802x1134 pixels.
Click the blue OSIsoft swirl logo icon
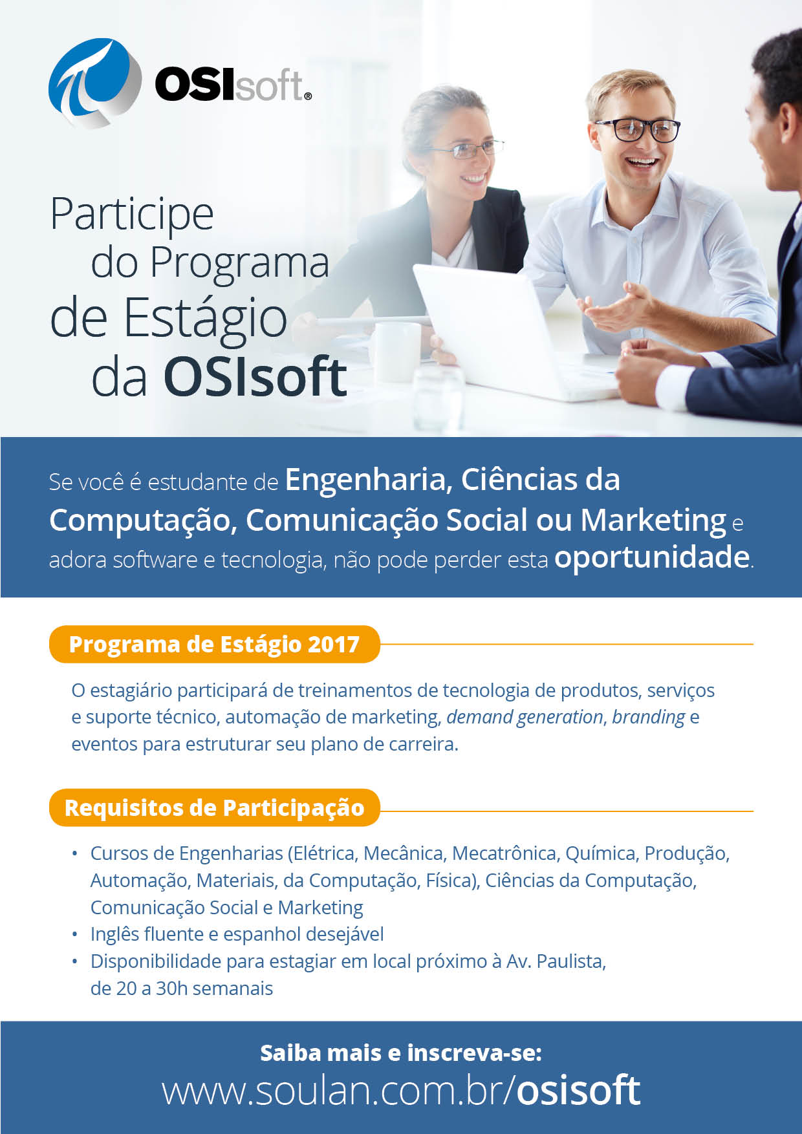[x=94, y=83]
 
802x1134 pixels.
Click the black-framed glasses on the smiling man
[x=637, y=130]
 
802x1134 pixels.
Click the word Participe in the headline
[x=132, y=215]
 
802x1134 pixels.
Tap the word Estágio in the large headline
[x=205, y=320]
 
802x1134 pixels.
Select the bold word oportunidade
[x=652, y=558]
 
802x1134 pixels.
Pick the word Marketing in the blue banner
[x=653, y=521]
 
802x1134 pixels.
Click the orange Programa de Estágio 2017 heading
[x=214, y=644]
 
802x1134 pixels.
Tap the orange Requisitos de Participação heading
[x=214, y=808]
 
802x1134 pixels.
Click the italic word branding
[x=648, y=718]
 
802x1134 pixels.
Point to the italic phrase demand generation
[x=525, y=718]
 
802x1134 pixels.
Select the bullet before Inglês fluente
[x=75, y=935]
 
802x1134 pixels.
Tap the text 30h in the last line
[x=171, y=989]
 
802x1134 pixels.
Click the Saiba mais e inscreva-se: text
[x=401, y=1053]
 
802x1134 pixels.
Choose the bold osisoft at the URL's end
[x=578, y=1091]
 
